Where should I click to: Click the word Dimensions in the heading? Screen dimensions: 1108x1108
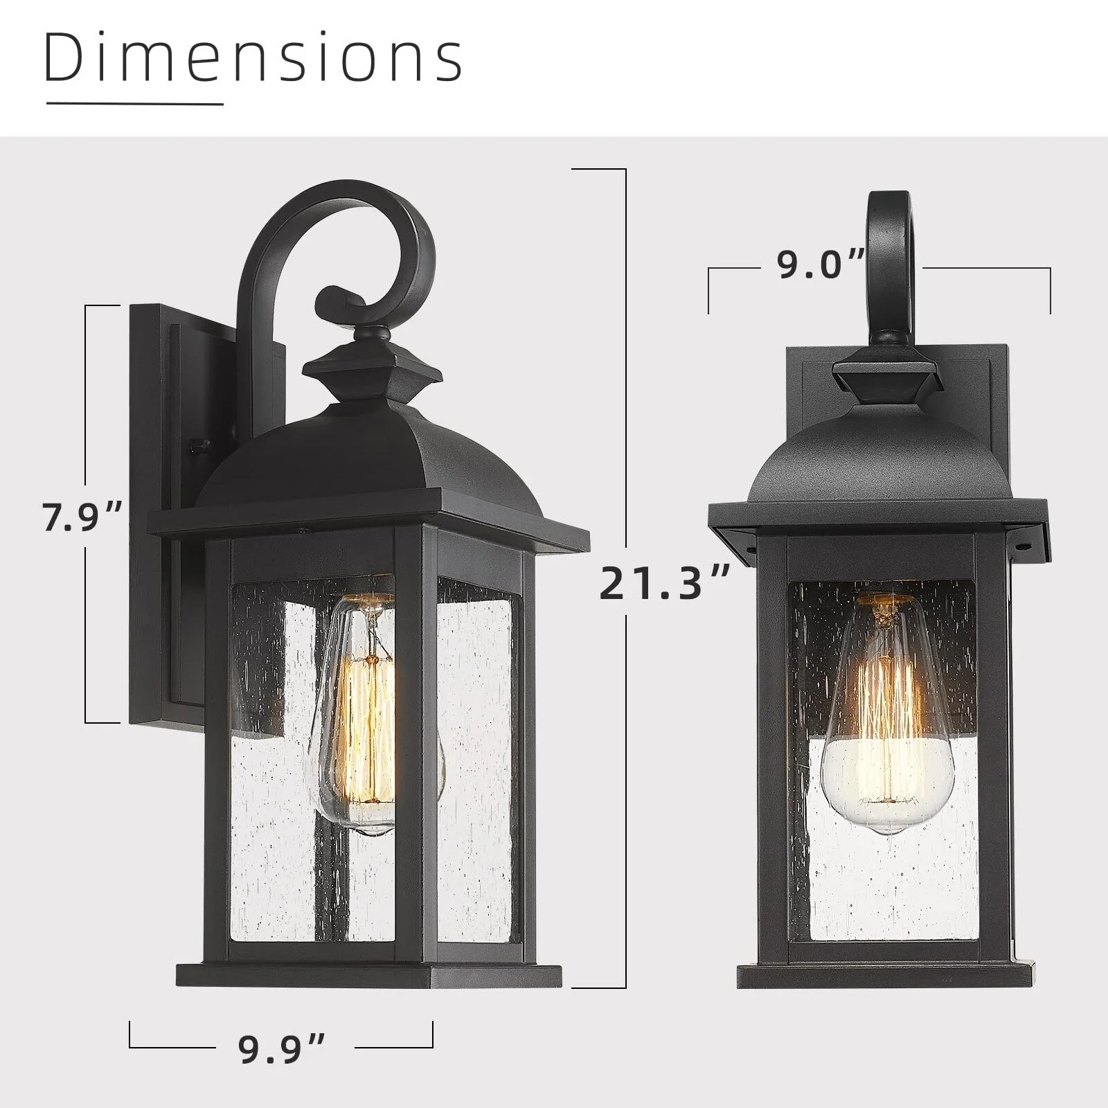pos(254,58)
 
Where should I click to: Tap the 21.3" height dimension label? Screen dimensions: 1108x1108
pos(665,583)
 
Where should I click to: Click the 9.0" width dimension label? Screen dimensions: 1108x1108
pos(821,265)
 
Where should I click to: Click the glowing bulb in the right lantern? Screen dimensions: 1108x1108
pos(887,713)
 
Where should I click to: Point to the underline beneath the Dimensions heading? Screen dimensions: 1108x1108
pos(134,104)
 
